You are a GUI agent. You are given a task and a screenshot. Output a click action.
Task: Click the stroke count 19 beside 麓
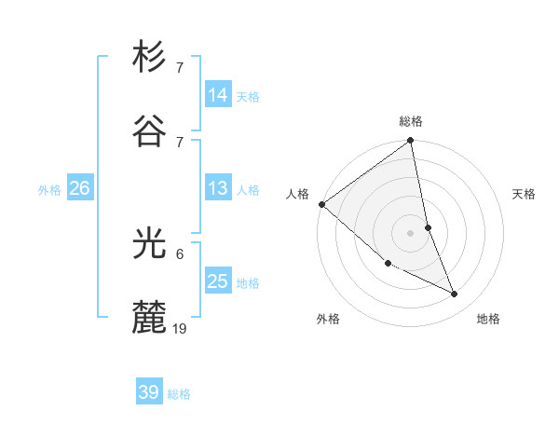[180, 328]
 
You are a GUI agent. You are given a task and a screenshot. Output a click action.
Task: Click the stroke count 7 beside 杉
[180, 68]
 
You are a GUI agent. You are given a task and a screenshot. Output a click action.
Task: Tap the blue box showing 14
[218, 95]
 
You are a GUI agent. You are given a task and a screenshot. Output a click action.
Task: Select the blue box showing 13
[218, 188]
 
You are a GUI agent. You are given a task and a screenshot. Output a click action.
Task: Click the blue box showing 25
[218, 281]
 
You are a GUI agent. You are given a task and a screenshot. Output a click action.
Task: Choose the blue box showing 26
[79, 188]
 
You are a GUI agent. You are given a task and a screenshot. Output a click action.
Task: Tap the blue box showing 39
[149, 392]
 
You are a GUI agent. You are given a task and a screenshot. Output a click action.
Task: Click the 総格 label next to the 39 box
[179, 394]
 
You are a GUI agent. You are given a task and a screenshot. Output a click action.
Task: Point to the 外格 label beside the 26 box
[49, 190]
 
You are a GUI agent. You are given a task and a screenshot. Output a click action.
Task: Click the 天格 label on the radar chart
[524, 194]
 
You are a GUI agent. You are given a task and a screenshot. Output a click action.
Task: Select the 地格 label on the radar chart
[488, 319]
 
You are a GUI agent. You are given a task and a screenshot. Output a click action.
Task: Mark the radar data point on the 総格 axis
[411, 142]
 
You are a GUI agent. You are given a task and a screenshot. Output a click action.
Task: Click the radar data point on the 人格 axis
[321, 204]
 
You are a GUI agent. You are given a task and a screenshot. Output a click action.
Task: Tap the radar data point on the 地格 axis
[455, 294]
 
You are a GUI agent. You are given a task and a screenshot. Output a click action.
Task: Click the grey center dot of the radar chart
[411, 233]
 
